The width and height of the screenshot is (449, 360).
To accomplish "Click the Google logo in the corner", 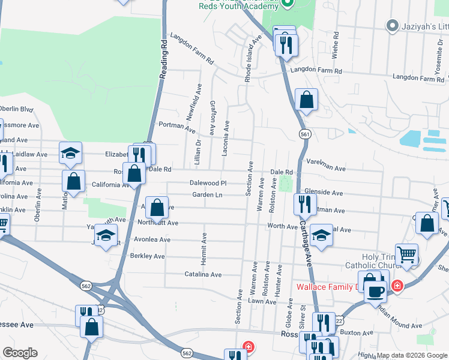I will click(x=19, y=353).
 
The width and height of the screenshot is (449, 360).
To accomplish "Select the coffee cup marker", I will click(x=376, y=292).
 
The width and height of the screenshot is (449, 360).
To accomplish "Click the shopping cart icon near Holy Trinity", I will click(x=407, y=254).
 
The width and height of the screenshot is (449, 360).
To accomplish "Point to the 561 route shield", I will click(x=306, y=135).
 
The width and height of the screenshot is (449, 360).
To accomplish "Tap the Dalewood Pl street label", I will click(x=208, y=183).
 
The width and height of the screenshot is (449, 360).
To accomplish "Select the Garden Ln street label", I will click(x=207, y=195).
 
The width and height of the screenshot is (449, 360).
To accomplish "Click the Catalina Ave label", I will click(x=202, y=275).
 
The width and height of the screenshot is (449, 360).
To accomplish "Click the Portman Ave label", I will click(x=177, y=127).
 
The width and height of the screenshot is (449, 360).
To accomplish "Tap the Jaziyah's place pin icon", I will click(x=393, y=26).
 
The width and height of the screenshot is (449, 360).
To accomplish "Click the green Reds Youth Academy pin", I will click(x=287, y=3).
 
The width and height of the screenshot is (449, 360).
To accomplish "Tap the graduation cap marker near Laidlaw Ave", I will click(x=70, y=153).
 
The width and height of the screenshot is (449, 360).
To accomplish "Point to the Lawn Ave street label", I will click(x=261, y=301).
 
